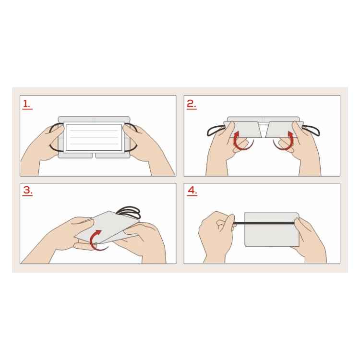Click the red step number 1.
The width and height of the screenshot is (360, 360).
27,105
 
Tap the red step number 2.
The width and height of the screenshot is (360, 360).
192,105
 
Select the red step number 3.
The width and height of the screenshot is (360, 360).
27,191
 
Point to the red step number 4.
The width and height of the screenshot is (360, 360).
192,191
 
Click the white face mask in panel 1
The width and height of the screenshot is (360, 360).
94,137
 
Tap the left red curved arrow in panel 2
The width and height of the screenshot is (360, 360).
241,141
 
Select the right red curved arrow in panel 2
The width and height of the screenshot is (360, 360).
284,141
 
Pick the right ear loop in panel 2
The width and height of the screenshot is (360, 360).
312,131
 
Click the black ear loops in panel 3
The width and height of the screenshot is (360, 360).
129,212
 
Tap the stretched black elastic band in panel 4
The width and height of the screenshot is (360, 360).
264,222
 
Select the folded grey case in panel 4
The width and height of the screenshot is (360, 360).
272,229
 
